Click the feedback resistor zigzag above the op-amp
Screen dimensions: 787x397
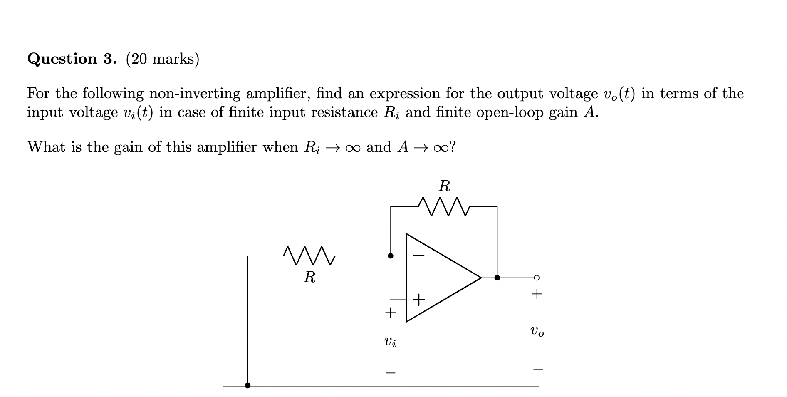pyautogui.click(x=443, y=206)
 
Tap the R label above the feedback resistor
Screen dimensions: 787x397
pyautogui.click(x=444, y=186)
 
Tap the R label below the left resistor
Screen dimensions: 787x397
pyautogui.click(x=309, y=277)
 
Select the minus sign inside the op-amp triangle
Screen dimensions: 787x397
pyautogui.click(x=419, y=256)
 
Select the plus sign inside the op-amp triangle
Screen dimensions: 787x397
pyautogui.click(x=419, y=300)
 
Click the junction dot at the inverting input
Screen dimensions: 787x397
pyautogui.click(x=391, y=256)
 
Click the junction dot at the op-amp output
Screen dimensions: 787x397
pyautogui.click(x=497, y=278)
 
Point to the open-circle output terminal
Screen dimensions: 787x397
pyautogui.click(x=537, y=278)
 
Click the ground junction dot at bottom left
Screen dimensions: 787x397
pyautogui.click(x=248, y=385)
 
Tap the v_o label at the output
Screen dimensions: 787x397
pyautogui.click(x=537, y=332)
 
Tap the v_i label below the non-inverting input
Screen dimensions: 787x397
pyautogui.click(x=390, y=342)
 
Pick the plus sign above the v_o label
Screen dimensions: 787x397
pyautogui.click(x=537, y=295)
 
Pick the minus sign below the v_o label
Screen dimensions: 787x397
pyautogui.click(x=538, y=369)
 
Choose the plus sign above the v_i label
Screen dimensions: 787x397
pyautogui.click(x=390, y=312)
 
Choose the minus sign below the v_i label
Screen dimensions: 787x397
pyautogui.click(x=390, y=372)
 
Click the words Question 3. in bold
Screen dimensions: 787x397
pyautogui.click(x=72, y=59)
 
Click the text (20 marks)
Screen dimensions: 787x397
pyautogui.click(x=163, y=59)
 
